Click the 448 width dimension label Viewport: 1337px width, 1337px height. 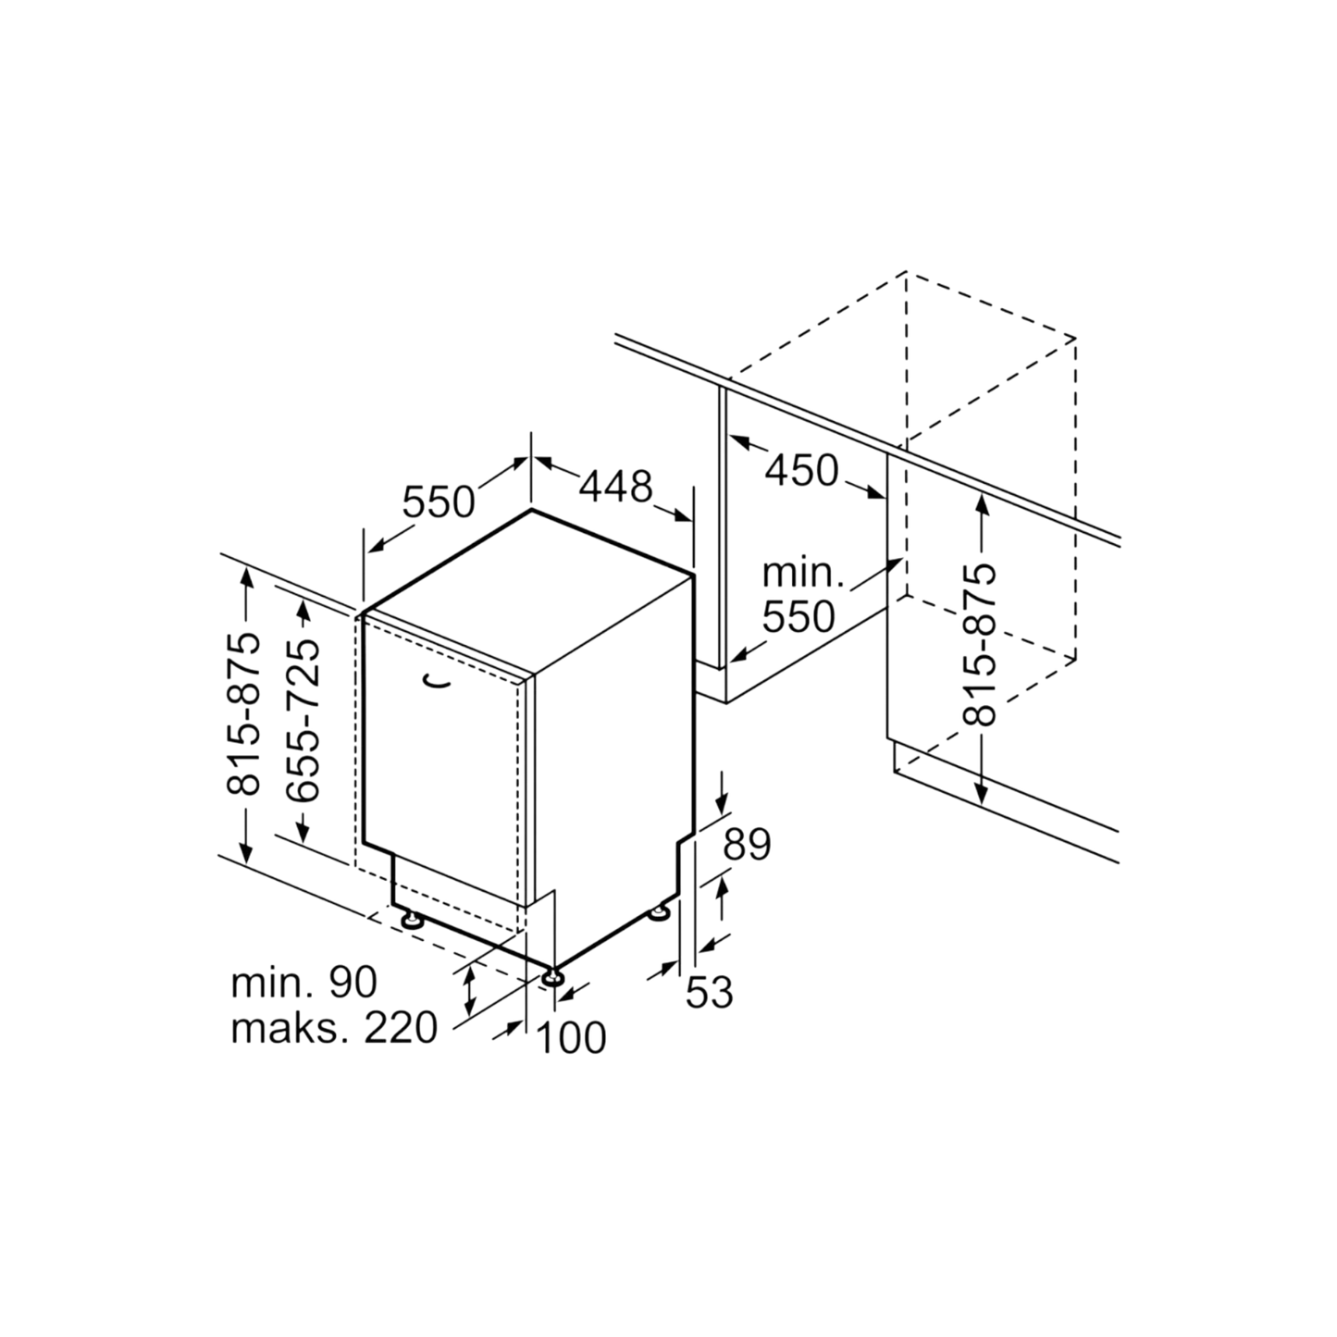[616, 487]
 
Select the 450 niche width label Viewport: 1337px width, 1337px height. [802, 470]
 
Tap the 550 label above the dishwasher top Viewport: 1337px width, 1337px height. [439, 501]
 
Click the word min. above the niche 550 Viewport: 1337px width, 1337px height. [803, 575]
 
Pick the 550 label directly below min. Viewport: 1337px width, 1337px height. [799, 617]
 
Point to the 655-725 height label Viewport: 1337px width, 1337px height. [303, 720]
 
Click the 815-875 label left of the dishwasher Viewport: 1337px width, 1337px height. [244, 714]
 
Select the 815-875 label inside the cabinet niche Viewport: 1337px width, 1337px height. [980, 645]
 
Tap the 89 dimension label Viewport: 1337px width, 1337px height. [747, 845]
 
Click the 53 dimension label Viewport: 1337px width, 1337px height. [709, 992]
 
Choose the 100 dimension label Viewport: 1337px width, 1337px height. [572, 1038]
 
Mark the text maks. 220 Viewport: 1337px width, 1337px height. [334, 1028]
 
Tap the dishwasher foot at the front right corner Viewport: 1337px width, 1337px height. [552, 977]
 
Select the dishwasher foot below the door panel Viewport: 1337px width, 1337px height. [413, 920]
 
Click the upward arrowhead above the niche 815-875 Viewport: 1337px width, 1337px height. [981, 505]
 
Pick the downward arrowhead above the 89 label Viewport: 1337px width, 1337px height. [722, 803]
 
